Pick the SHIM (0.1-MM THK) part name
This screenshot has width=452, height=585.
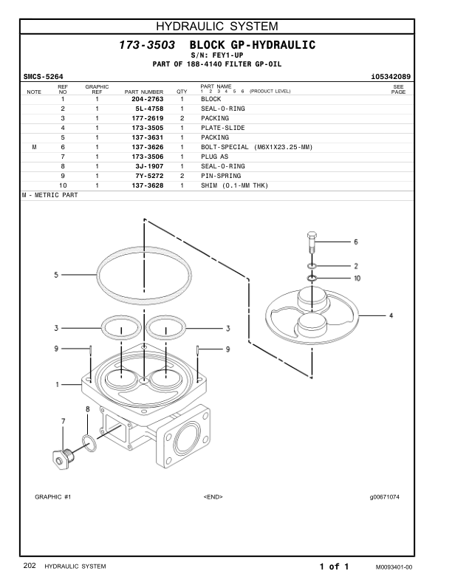[x=235, y=185]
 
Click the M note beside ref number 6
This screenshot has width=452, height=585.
[x=35, y=147]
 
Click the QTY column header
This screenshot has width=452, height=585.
[x=182, y=92]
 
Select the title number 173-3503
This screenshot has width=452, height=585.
[x=147, y=46]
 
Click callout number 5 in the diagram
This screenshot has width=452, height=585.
[x=55, y=276]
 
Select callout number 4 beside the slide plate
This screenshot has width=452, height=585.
[x=391, y=315]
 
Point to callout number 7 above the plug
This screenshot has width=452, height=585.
[x=63, y=421]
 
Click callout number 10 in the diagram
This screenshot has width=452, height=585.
[x=356, y=278]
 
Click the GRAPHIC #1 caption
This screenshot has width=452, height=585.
[x=52, y=496]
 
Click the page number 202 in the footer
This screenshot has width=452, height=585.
[x=30, y=566]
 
